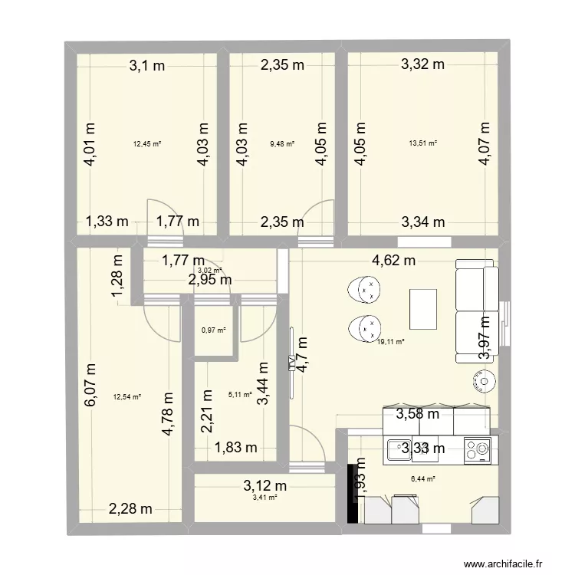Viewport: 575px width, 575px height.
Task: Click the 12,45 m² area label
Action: pos(146,143)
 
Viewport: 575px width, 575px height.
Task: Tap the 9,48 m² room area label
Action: pos(281,143)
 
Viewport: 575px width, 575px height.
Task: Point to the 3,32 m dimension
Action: pos(422,65)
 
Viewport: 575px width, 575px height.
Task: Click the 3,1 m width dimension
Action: pos(146,66)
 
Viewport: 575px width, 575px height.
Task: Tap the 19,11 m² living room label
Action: pos(390,343)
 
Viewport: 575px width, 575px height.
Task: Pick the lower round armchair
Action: pos(365,328)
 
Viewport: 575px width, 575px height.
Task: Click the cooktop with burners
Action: pos(478,449)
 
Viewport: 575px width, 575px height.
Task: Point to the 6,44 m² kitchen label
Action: pos(422,479)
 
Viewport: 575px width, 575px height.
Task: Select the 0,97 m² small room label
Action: pos(213,330)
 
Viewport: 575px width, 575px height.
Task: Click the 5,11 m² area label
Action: pos(240,396)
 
